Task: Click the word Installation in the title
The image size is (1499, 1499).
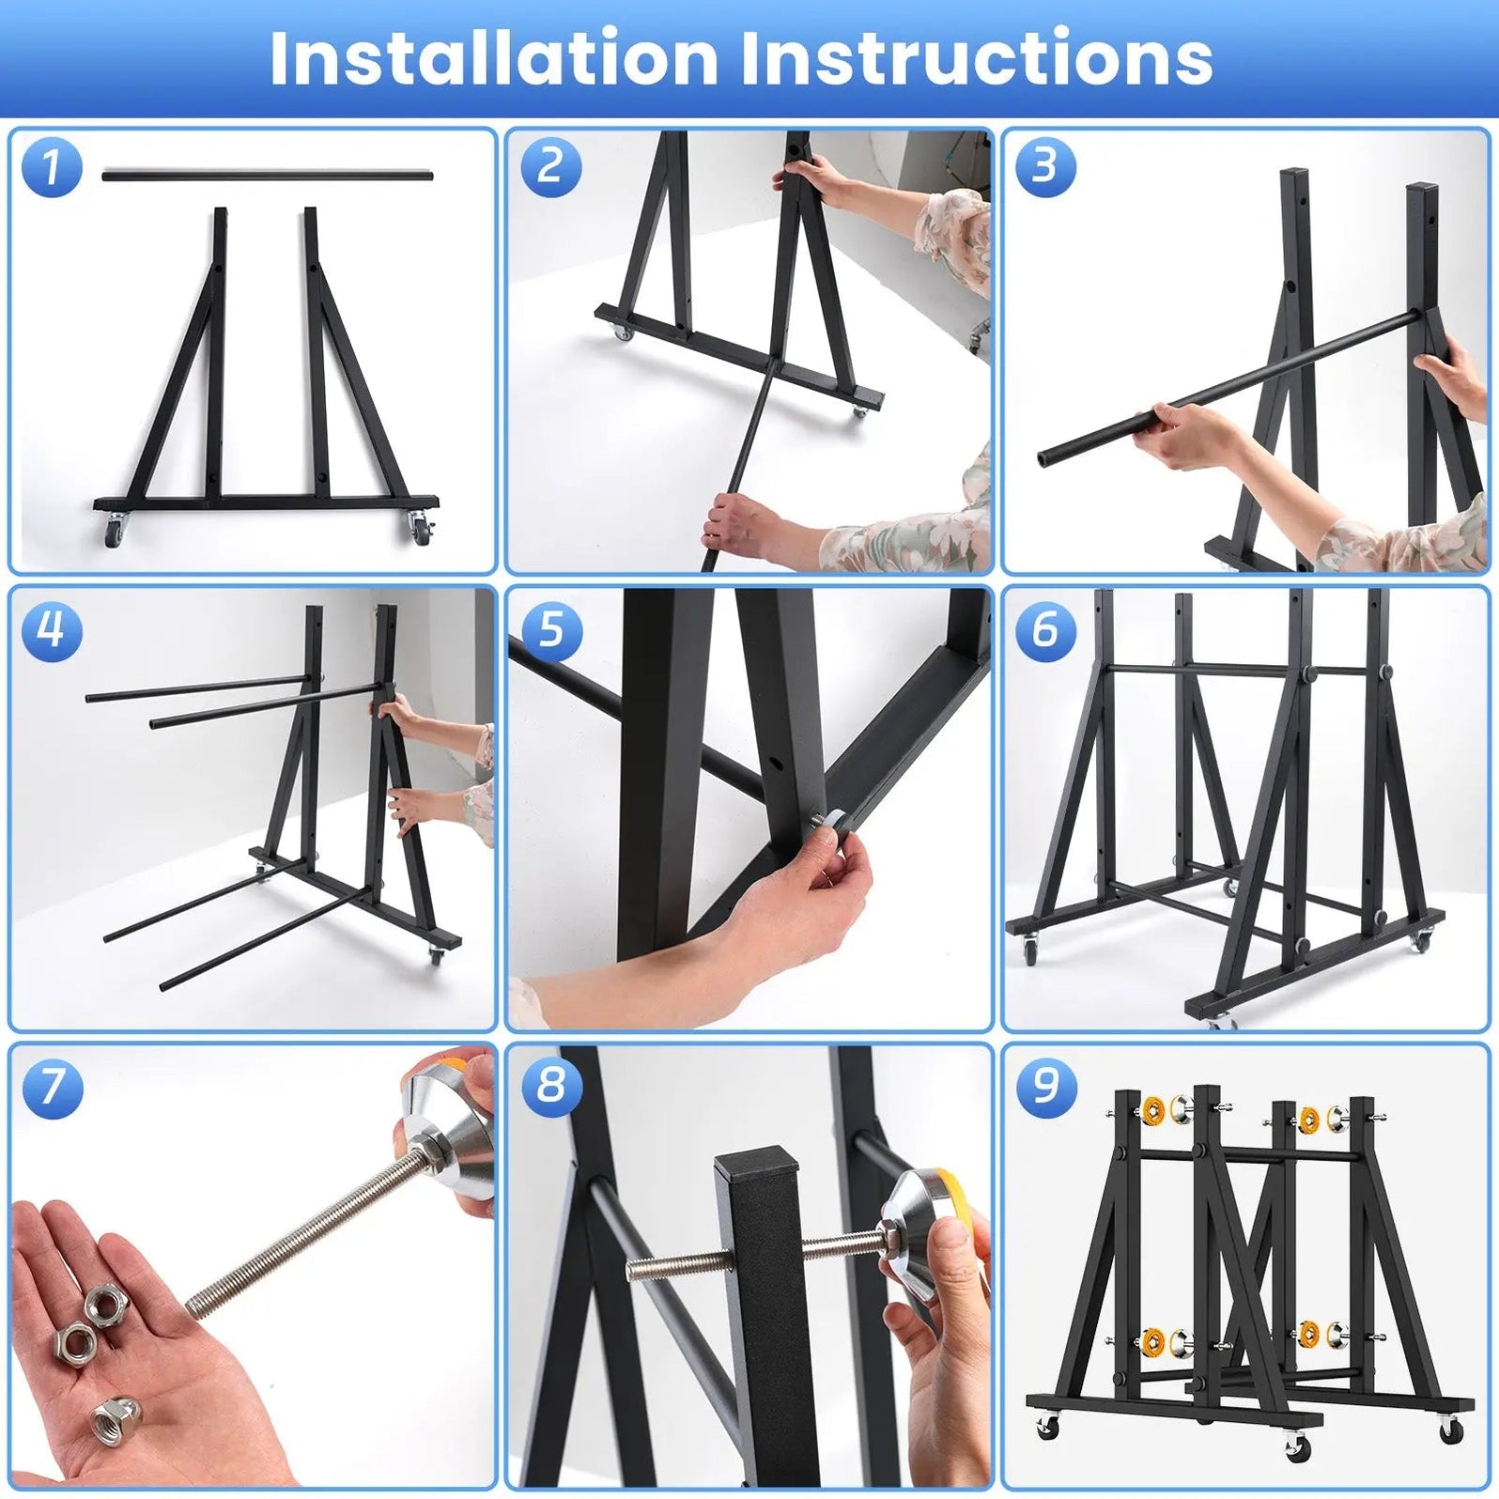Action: [x=494, y=58]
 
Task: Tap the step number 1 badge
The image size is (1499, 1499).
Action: [x=52, y=167]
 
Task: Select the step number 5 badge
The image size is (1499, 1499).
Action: [x=550, y=629]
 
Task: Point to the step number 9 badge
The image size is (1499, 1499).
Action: [x=1046, y=1087]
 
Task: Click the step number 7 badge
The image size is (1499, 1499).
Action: [x=52, y=1087]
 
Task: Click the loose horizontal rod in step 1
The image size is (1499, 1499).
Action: [x=268, y=176]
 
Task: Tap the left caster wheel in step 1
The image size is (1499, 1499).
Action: [x=114, y=533]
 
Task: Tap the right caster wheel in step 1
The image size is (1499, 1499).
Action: [x=418, y=532]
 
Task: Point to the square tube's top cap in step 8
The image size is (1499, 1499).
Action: [x=757, y=1162]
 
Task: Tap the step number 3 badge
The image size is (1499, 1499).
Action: [x=1045, y=167]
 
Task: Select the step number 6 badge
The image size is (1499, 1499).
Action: [x=1045, y=629]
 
